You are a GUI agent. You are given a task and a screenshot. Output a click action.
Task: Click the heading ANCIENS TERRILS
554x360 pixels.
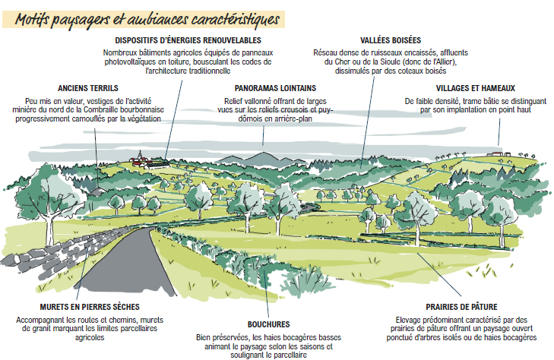coord(93,88)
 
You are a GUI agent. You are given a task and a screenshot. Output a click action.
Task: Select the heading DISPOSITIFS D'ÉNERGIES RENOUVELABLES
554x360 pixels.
coord(188,39)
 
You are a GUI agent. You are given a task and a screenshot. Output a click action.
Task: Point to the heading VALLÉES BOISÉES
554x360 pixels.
coord(391,39)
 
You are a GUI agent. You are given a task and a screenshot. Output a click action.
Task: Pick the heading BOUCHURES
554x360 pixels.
coord(268,324)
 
